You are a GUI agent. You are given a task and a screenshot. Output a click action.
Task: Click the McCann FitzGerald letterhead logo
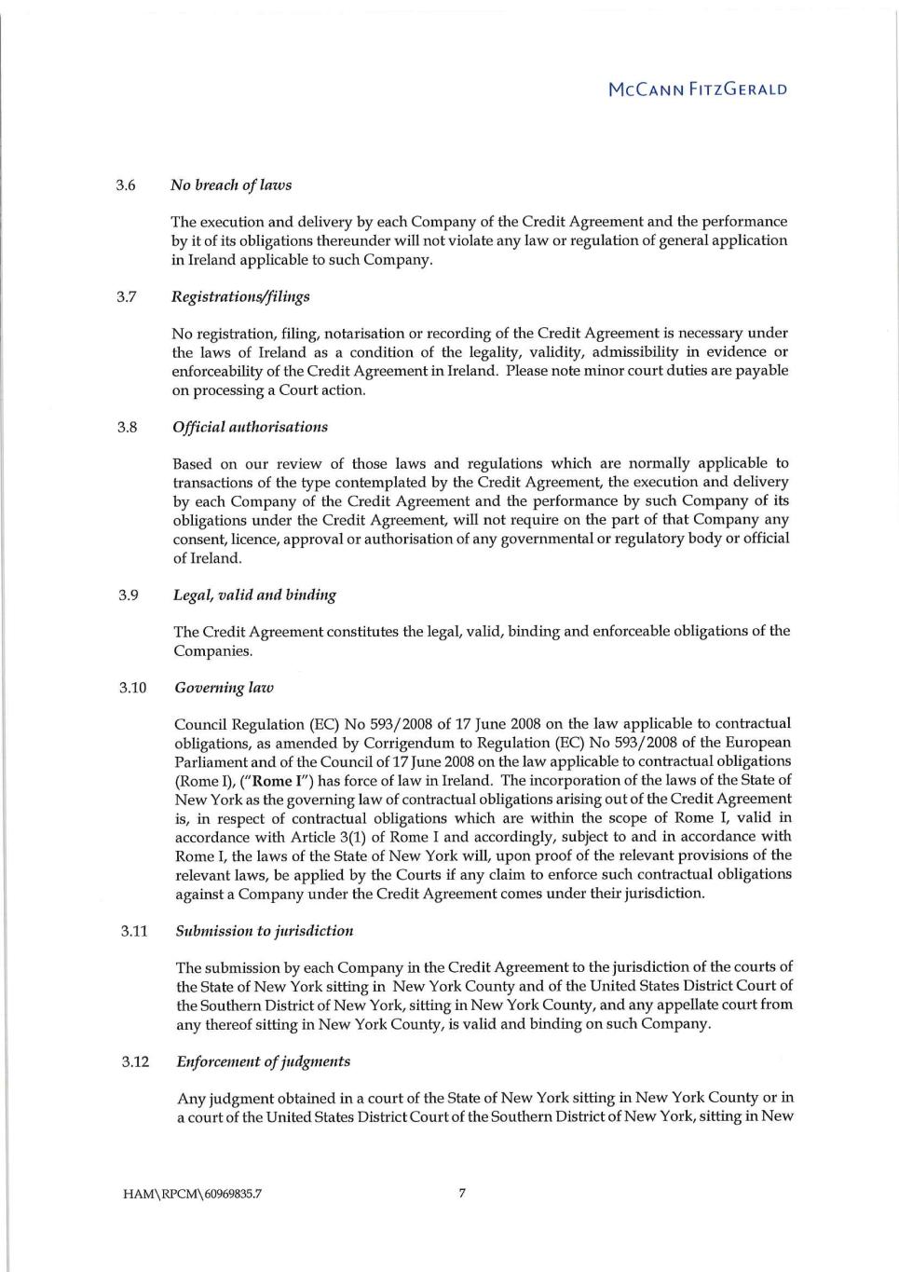pos(697,90)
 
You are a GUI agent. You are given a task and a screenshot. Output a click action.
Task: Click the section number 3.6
pos(126,185)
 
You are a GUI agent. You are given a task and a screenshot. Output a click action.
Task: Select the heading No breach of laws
pos(231,185)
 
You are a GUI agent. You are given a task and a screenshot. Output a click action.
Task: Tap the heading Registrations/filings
pos(240,296)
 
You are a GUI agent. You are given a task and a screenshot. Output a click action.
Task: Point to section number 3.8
pos(127,427)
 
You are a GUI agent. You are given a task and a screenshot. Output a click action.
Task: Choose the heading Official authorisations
pos(250,427)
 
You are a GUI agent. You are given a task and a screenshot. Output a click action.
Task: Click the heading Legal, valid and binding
pos(254,595)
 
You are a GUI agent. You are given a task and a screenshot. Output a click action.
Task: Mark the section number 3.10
pos(132,688)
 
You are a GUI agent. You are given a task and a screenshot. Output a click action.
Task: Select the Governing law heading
pos(224,688)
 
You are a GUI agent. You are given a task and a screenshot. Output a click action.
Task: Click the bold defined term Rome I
pos(272,781)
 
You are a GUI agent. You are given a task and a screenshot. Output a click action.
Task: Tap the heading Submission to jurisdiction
pos(265,930)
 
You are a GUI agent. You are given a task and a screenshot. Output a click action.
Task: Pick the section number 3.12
pos(134,1061)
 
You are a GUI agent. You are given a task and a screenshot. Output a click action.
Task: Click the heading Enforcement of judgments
pos(264,1061)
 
